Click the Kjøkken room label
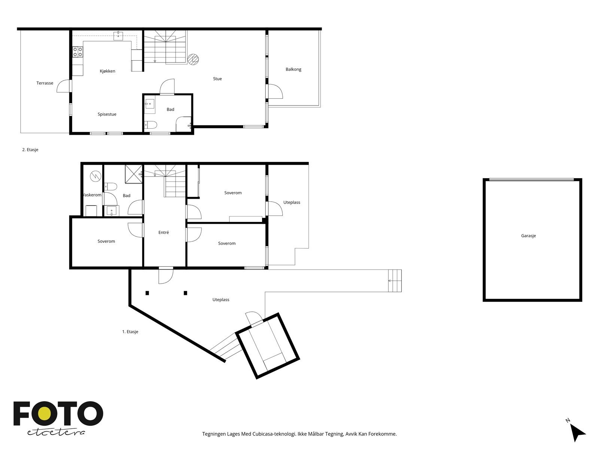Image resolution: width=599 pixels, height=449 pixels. point(107,71)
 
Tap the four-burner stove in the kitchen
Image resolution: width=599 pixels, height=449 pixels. point(77,52)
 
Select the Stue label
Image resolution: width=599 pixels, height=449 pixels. point(217,79)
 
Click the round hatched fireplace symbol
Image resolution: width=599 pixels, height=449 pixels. point(193,59)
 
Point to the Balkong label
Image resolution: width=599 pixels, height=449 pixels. point(294,69)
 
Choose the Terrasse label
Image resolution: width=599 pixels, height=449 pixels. point(45,83)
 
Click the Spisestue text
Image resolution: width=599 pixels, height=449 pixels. point(107,114)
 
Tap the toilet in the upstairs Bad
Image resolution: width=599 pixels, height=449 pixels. point(150,125)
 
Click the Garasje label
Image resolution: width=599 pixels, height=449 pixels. point(528,236)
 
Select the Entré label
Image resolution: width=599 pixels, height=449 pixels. point(164,232)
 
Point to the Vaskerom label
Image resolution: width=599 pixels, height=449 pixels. point(92,195)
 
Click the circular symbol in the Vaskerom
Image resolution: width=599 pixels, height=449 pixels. point(95,176)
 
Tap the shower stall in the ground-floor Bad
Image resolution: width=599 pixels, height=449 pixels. point(134,174)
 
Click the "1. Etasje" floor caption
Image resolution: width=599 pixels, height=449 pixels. point(130,332)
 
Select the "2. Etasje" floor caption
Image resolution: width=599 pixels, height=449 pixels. point(30,150)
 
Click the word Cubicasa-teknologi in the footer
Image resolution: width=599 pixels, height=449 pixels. point(274,434)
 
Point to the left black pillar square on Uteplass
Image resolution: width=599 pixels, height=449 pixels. point(147,293)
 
